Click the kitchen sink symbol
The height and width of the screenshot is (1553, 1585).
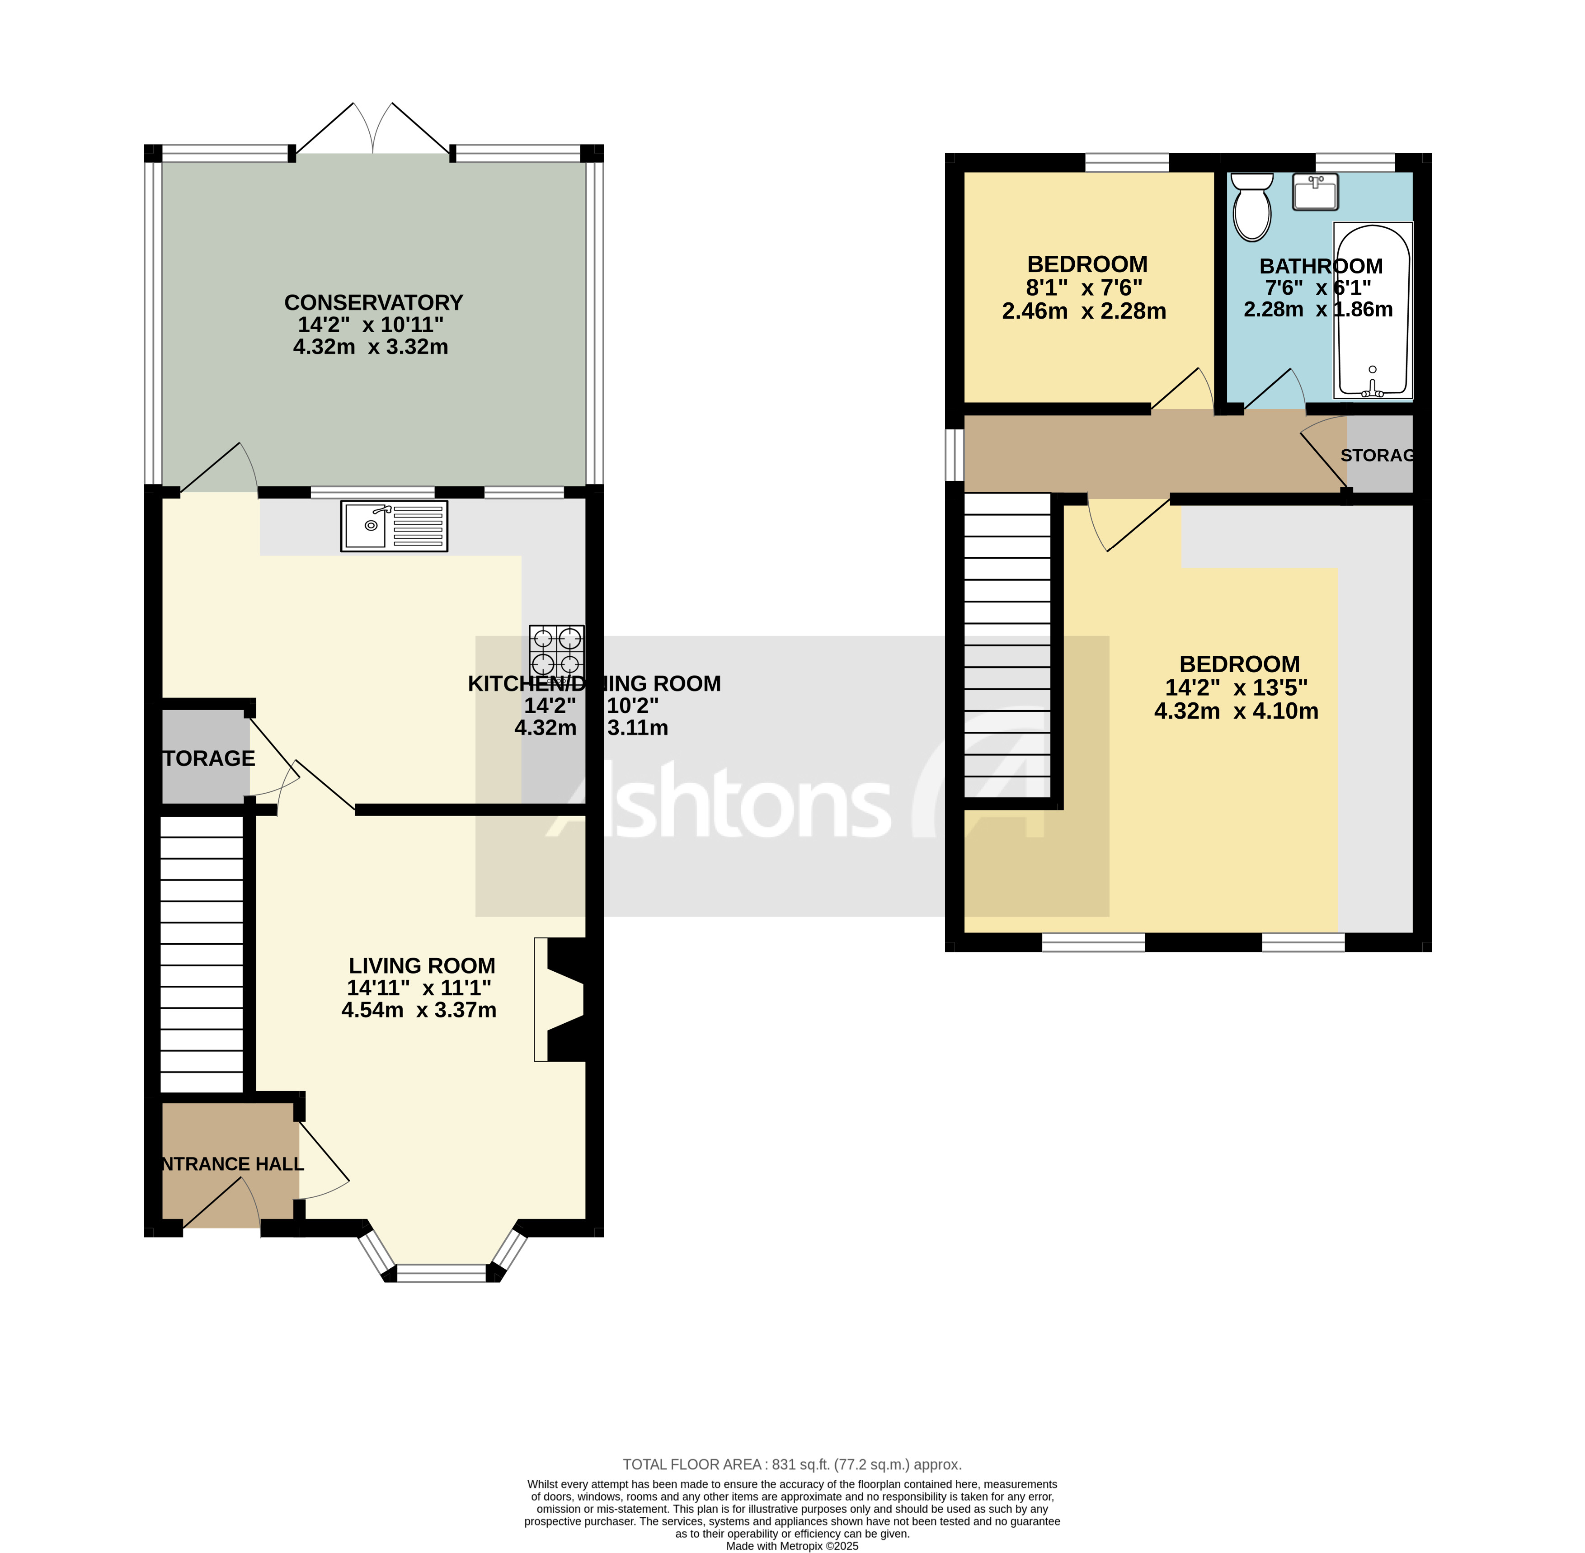pos(394,526)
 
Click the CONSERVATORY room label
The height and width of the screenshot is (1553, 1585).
pos(374,303)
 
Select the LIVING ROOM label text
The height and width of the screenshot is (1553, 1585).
pos(422,966)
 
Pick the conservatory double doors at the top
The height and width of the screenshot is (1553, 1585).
pos(373,131)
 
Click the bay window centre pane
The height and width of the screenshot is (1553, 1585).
pos(441,1272)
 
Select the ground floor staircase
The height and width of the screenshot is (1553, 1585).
pos(202,954)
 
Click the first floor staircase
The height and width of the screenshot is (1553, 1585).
pos(1007,645)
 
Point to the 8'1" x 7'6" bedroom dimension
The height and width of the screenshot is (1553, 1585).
pos(1084,288)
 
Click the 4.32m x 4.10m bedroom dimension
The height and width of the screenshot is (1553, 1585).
pos(1236,711)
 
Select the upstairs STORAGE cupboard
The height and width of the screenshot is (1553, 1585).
pos(1378,454)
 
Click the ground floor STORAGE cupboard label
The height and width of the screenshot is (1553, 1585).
pos(208,758)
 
